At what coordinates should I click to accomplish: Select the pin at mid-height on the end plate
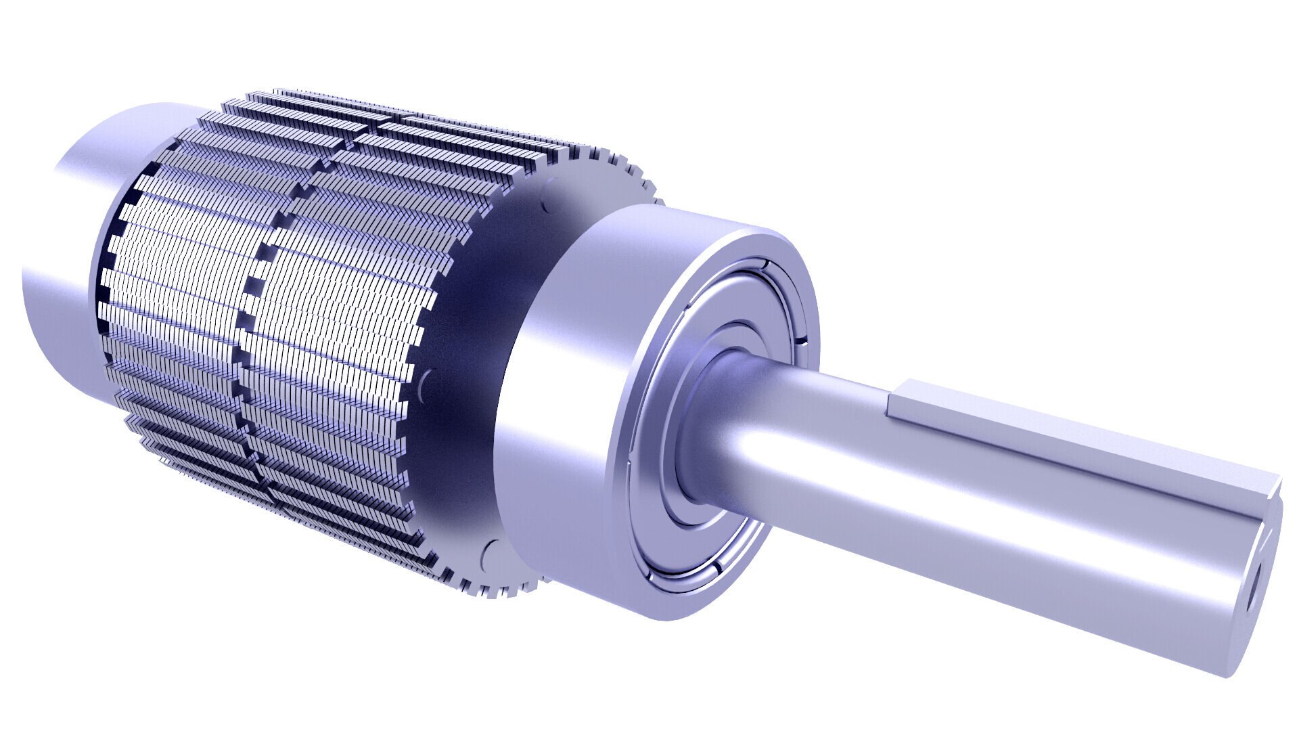(425, 386)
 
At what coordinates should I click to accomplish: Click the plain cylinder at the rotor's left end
(61, 271)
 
